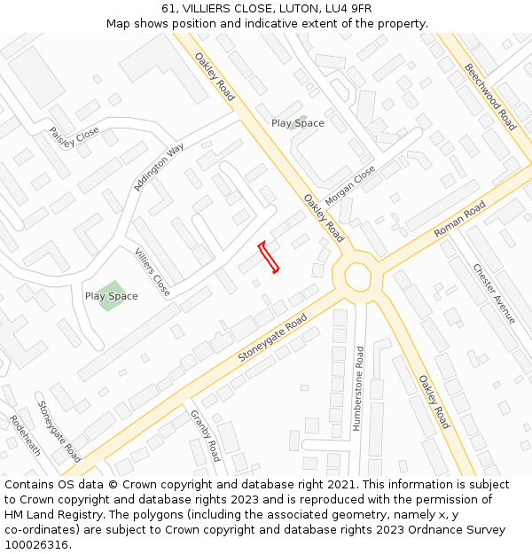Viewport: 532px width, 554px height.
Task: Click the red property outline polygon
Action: point(269,257)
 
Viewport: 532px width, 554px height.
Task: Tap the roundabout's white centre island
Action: point(359,276)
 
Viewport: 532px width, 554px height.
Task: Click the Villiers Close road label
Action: point(153,272)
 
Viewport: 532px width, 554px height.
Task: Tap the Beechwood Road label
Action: point(490,97)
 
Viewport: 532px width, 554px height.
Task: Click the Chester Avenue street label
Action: point(494,293)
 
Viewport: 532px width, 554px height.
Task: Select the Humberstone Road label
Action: point(359,388)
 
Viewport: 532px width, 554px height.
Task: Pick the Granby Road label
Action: point(206,435)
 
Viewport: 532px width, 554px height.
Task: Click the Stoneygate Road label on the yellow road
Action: point(272,338)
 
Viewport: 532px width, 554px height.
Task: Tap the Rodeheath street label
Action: point(26,435)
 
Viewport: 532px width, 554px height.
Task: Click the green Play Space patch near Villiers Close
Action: point(111,295)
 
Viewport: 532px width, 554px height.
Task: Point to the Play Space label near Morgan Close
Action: point(297,123)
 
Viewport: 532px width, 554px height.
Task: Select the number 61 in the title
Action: point(169,9)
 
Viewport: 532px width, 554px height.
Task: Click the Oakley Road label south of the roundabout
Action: point(434,402)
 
